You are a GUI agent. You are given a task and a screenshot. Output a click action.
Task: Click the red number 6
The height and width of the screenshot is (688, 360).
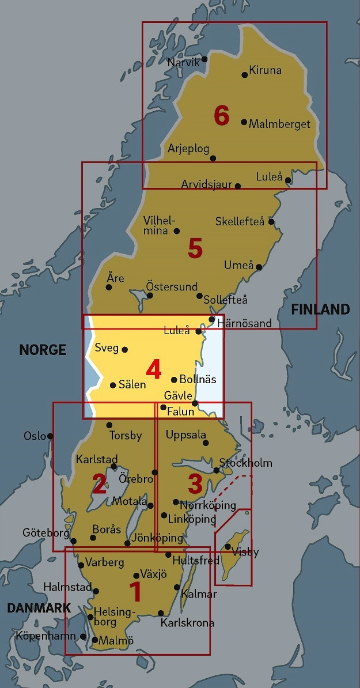click(x=222, y=116)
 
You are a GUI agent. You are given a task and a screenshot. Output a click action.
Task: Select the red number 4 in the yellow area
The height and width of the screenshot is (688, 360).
click(x=153, y=369)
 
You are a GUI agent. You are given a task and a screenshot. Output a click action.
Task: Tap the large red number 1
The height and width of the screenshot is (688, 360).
click(x=135, y=592)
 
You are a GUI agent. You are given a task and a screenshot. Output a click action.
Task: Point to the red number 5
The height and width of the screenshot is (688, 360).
click(x=195, y=249)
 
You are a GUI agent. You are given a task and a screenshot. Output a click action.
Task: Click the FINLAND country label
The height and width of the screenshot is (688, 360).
click(x=320, y=309)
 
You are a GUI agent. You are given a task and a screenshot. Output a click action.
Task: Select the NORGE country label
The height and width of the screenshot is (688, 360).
click(x=43, y=350)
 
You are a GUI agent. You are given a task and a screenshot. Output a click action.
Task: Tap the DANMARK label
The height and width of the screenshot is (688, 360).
click(x=39, y=607)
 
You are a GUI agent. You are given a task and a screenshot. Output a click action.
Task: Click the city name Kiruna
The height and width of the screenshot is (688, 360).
click(x=266, y=71)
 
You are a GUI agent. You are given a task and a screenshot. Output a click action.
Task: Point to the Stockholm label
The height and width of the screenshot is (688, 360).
click(x=246, y=463)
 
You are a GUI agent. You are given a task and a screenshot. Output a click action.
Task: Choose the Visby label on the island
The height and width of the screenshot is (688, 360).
click(x=245, y=552)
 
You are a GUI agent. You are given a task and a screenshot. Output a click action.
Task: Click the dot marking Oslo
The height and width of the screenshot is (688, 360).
click(x=50, y=436)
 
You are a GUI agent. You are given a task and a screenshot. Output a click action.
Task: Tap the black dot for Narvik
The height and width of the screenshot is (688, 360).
click(x=204, y=59)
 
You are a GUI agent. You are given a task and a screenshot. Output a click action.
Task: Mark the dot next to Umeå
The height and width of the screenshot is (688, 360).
click(x=259, y=267)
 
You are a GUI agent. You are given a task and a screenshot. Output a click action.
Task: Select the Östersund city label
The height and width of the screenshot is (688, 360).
click(x=172, y=286)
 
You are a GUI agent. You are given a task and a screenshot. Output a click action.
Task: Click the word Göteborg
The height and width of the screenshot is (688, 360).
click(x=46, y=533)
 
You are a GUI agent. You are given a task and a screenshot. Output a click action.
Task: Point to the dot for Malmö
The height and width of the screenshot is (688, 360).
click(x=95, y=640)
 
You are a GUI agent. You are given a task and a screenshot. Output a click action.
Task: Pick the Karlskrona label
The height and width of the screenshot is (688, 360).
click(x=187, y=622)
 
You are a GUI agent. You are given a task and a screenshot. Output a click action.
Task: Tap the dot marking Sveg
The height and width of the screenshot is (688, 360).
click(x=125, y=349)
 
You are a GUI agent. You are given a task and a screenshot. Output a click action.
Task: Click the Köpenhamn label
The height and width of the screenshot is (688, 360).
click(x=46, y=636)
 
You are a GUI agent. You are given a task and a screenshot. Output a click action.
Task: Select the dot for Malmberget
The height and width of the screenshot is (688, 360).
click(x=244, y=122)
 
